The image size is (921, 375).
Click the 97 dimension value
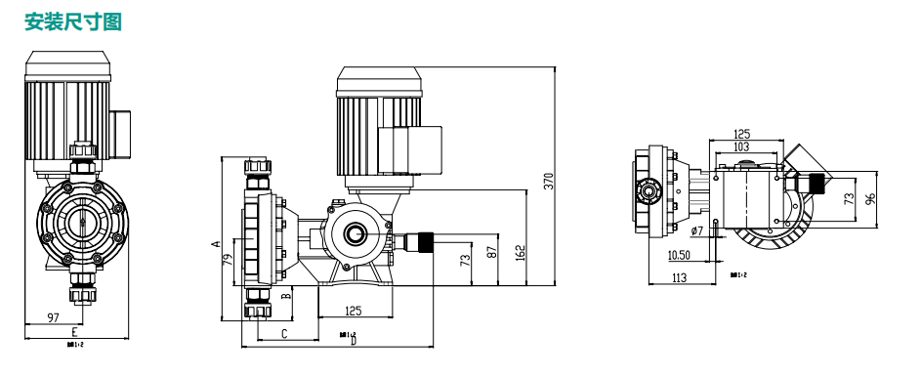(54, 317)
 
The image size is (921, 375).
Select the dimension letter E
(74, 332)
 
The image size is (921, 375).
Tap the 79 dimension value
(229, 260)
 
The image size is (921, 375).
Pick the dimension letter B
(285, 294)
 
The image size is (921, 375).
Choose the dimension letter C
(284, 334)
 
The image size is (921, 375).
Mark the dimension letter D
(354, 341)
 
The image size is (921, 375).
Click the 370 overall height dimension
(548, 181)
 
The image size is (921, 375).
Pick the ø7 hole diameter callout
(696, 231)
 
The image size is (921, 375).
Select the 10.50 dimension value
(681, 255)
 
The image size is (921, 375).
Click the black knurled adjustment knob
(425, 239)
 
